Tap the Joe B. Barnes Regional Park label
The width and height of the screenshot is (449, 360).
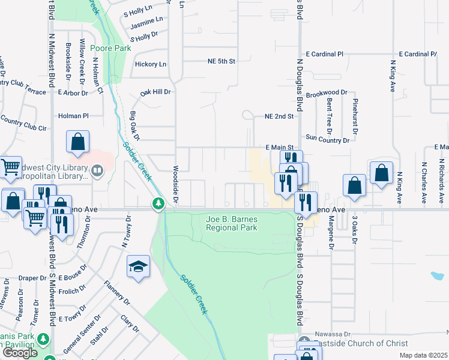point(232,223)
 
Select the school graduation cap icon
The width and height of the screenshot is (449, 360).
point(138,266)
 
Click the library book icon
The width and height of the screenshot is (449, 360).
point(97,173)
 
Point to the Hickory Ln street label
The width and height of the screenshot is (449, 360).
point(150,64)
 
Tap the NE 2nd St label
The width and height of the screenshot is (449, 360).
point(279,116)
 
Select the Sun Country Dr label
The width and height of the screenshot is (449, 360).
point(327,139)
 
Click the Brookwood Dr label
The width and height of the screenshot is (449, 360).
point(327,92)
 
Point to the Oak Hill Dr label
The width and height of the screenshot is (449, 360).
point(155,92)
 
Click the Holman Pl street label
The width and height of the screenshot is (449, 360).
point(73,116)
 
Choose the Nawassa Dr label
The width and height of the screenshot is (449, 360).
point(334,333)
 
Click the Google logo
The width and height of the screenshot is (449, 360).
point(20,353)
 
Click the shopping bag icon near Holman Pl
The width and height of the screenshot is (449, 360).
point(78,143)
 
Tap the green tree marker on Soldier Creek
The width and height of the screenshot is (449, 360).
point(158,205)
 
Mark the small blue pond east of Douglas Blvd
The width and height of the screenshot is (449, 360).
point(438,277)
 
